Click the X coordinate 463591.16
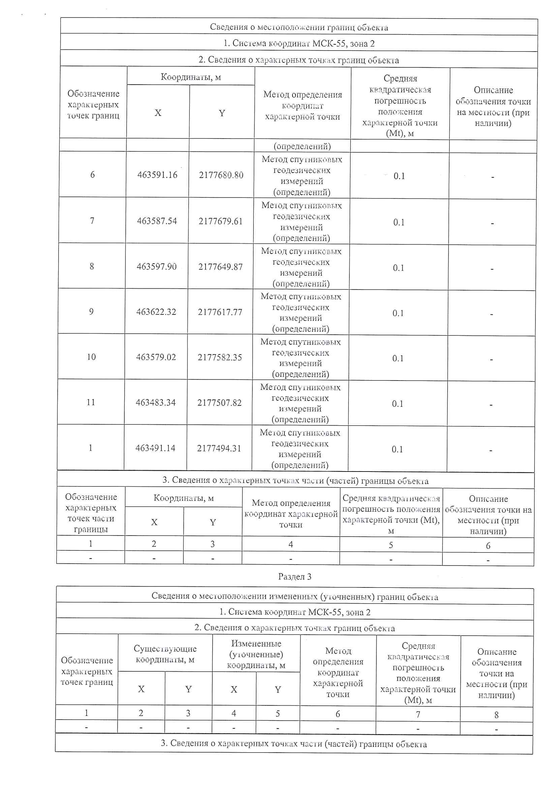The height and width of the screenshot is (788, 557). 157,175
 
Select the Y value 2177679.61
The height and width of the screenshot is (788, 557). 220,221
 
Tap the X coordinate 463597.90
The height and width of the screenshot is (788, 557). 156,267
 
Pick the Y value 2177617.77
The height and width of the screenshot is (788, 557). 220,312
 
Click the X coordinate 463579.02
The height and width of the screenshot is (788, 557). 156,357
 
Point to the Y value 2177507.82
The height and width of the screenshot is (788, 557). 219,402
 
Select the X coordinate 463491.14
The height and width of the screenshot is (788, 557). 155,448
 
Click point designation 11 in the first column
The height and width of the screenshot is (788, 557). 91,402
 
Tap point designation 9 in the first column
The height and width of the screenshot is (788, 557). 91,312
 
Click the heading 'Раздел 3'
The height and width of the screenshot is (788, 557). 295,577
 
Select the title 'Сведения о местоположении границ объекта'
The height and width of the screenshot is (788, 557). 299,27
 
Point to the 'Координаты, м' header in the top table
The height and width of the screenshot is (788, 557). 190,77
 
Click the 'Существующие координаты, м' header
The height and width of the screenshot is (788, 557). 165,654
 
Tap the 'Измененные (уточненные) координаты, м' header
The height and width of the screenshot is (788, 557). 256,654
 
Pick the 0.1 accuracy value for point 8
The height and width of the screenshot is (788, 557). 398,268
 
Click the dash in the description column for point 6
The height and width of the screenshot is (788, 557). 493,177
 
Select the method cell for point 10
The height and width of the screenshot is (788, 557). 300,358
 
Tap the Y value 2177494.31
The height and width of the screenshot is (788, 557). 219,448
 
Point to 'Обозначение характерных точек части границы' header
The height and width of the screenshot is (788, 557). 91,513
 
